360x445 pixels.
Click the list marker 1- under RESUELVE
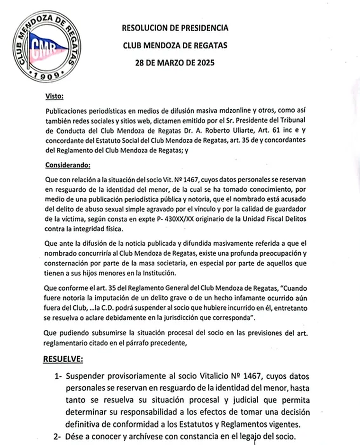(58, 377)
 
